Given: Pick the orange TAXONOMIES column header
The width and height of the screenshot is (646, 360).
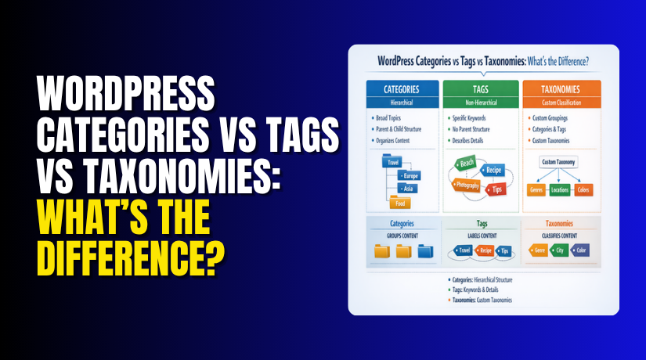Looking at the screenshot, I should (558, 90).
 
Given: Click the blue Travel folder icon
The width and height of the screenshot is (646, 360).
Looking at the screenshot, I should (394, 163).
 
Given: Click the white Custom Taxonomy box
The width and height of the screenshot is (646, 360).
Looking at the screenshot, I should (559, 161).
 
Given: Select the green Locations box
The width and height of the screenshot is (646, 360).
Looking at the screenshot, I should (559, 190).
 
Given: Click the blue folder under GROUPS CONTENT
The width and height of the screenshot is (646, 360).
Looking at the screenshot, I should (425, 251).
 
